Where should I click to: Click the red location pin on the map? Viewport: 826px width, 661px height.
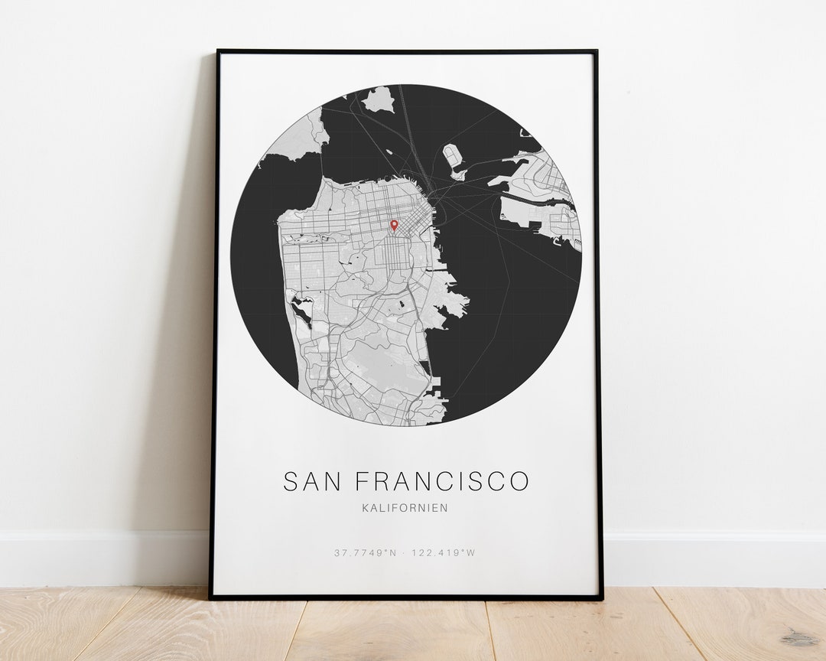(x=394, y=225)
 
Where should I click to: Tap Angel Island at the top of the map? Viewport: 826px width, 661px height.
(x=379, y=99)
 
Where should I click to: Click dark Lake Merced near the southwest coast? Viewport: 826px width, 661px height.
(x=303, y=311)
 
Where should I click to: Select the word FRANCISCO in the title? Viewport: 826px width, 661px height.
(x=442, y=481)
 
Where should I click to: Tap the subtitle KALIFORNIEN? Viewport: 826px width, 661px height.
(x=405, y=507)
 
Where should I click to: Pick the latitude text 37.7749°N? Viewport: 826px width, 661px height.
(x=366, y=552)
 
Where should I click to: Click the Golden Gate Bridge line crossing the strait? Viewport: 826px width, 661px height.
(x=318, y=169)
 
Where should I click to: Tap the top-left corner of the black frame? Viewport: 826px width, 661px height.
(x=218, y=52)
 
